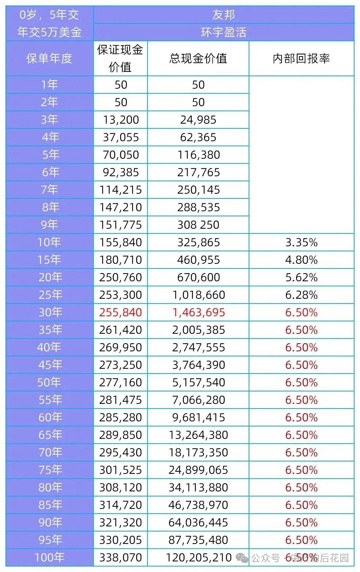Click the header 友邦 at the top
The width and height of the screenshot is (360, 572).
(223, 15)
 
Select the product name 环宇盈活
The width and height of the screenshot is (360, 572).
(223, 32)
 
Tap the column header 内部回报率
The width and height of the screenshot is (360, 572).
(301, 58)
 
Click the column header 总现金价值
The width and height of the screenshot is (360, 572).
(198, 58)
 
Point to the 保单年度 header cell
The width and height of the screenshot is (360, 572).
(49, 58)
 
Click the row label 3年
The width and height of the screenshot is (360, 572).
(49, 120)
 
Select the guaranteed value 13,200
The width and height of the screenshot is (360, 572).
(120, 120)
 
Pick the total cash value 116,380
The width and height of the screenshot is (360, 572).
(199, 155)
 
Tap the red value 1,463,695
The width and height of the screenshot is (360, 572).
(199, 312)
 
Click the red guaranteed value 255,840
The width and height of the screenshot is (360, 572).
(120, 312)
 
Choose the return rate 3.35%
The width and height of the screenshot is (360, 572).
(301, 242)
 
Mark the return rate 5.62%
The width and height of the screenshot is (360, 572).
(301, 277)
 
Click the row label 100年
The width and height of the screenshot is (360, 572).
(49, 557)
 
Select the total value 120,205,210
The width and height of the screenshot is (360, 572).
(199, 557)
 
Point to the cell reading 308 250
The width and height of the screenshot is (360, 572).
(199, 225)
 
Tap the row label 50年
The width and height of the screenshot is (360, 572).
(49, 382)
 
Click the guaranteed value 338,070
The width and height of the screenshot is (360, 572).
(120, 557)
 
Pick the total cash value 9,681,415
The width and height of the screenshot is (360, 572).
(199, 417)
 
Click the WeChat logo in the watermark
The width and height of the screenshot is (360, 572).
(242, 558)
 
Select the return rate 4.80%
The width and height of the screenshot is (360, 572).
(301, 260)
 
